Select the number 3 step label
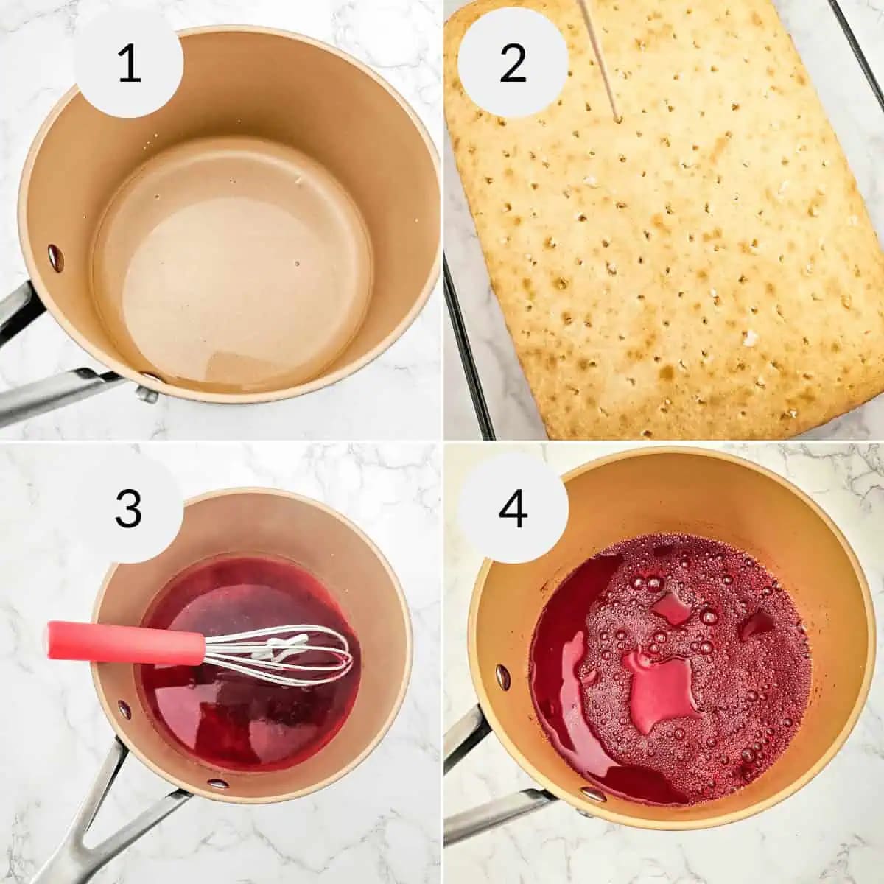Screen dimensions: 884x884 [129, 508]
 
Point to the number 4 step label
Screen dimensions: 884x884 [513, 508]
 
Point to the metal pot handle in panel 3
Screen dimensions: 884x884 [96, 818]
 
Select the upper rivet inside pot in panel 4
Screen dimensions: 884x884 [502, 676]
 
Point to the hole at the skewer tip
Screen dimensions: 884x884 [617, 118]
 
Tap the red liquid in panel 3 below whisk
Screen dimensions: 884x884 [250, 722]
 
